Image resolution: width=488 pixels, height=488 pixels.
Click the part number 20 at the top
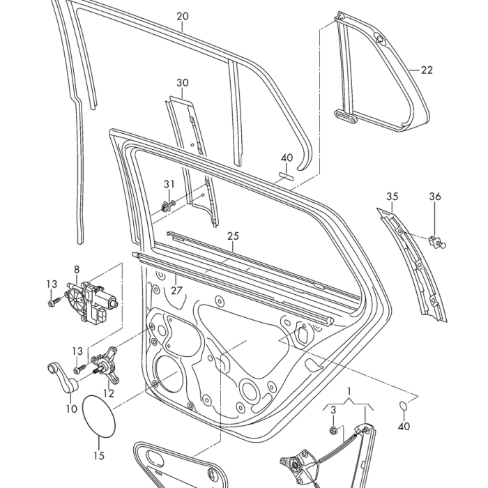(x=183, y=16)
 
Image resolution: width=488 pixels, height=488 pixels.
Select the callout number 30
(x=183, y=83)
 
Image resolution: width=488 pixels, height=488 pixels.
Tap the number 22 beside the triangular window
(x=427, y=70)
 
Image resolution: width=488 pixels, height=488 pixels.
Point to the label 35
(x=392, y=197)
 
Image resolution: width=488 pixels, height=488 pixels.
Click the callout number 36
(x=435, y=197)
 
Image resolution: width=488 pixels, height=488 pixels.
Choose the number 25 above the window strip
(x=233, y=236)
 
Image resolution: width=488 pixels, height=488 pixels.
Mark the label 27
(x=176, y=289)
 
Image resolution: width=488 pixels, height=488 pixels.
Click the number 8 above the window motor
(x=77, y=269)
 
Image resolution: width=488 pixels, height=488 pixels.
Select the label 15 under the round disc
(x=99, y=456)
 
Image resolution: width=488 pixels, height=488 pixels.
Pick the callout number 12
(x=109, y=393)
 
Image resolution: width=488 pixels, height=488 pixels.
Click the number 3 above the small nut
(x=333, y=409)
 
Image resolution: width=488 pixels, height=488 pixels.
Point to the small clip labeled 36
(x=439, y=241)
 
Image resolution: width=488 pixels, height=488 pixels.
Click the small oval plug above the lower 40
(x=403, y=406)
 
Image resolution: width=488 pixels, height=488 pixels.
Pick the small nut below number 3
(x=334, y=428)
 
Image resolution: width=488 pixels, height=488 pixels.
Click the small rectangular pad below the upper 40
(x=287, y=176)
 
